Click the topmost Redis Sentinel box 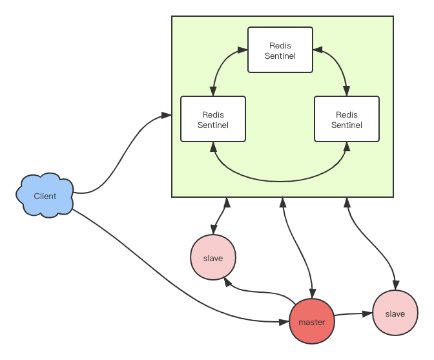[280, 50]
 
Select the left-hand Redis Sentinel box [213, 119]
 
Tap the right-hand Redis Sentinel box [347, 119]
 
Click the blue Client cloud [45, 195]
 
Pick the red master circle [312, 321]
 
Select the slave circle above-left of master [213, 258]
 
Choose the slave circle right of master [395, 313]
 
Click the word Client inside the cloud [45, 196]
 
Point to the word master [312, 322]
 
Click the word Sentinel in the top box [280, 56]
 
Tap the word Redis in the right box [347, 114]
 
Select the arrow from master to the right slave [354, 314]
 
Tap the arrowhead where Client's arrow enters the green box [167, 115]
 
